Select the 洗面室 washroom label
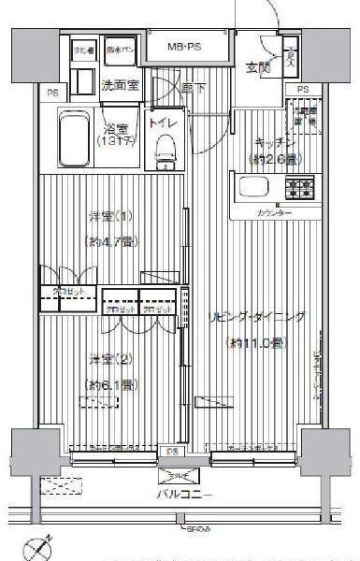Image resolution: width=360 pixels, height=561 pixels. coord(119,86)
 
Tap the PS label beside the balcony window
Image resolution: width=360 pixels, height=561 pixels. coord(172,452)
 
